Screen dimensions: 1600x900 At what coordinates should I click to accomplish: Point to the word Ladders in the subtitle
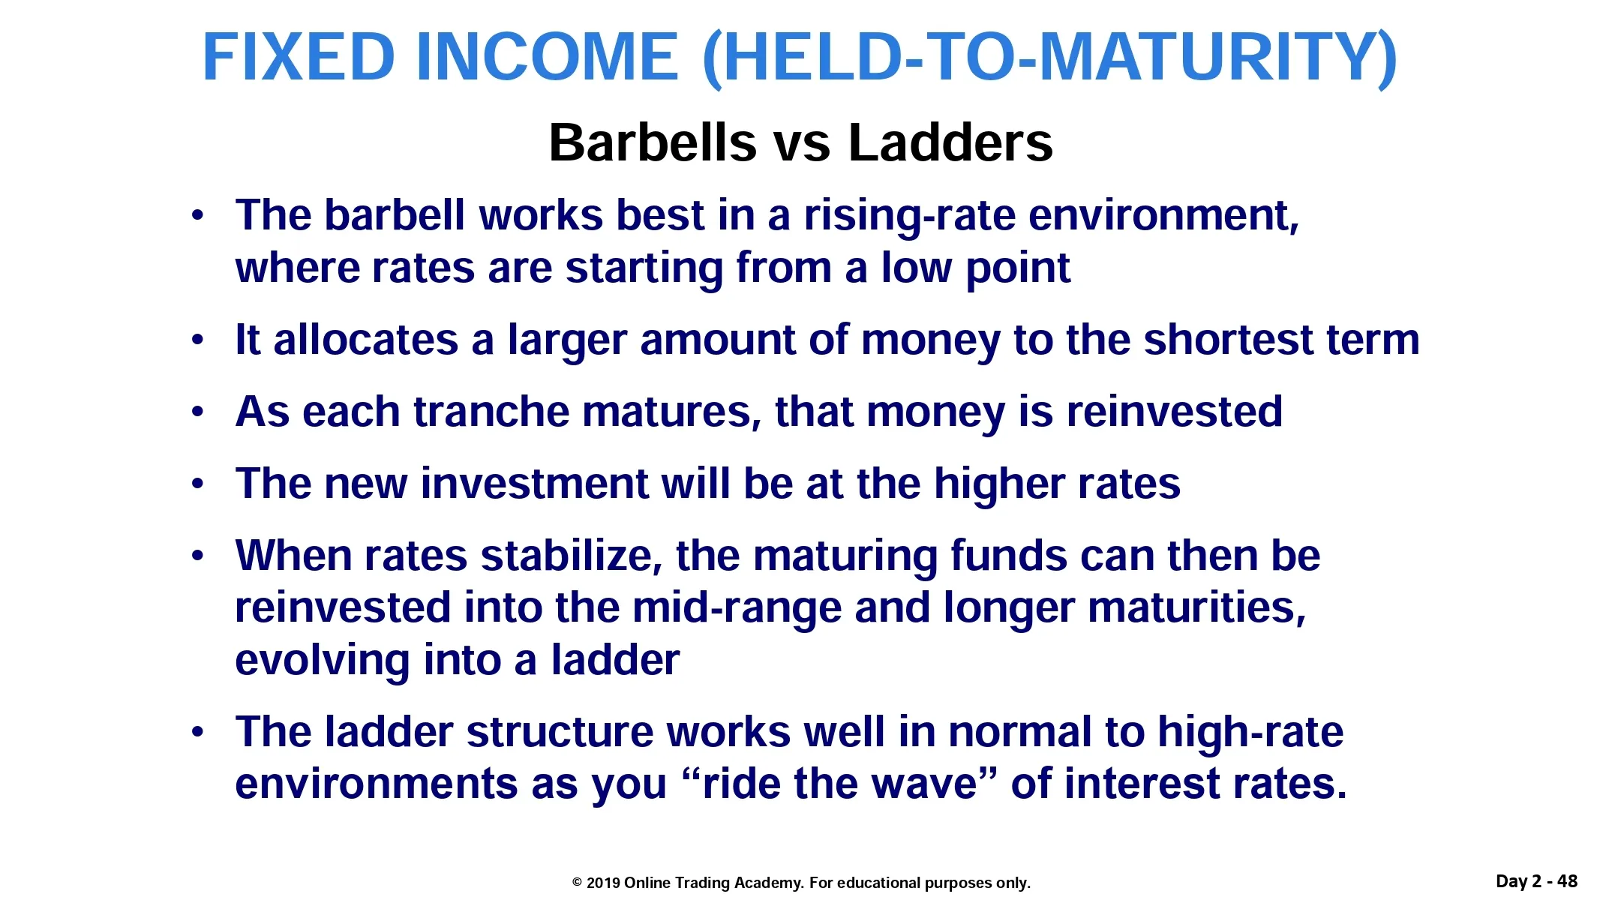[950, 142]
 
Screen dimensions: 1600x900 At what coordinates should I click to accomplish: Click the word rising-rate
[909, 217]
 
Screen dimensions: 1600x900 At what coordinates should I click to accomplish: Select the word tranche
[491, 412]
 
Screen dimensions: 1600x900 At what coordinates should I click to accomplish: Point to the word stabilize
[572, 556]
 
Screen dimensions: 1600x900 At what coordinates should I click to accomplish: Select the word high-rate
[1250, 732]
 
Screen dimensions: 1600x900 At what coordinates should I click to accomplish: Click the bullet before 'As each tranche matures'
[197, 412]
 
